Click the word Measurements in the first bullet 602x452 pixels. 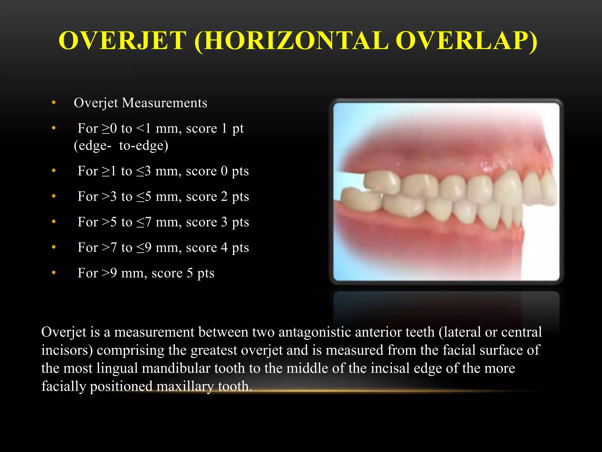pyautogui.click(x=164, y=103)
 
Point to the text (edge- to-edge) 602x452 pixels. pyautogui.click(x=121, y=146)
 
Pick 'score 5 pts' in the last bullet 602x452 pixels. pyautogui.click(x=183, y=273)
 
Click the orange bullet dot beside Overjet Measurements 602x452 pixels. pyautogui.click(x=53, y=103)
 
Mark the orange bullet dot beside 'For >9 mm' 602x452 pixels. pyautogui.click(x=53, y=273)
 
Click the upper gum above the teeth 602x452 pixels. pyautogui.click(x=441, y=153)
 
